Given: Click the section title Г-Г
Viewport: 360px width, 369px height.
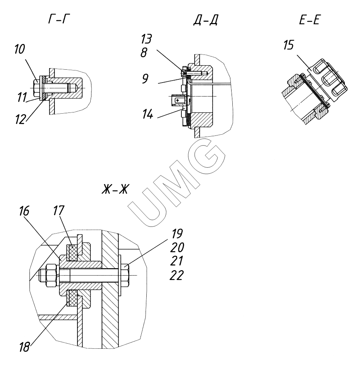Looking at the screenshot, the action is click(x=59, y=19).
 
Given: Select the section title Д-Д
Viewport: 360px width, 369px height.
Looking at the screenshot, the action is click(x=205, y=20).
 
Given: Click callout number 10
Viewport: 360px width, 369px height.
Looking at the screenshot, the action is click(x=19, y=49).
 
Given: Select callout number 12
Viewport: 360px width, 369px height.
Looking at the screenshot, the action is click(x=21, y=119).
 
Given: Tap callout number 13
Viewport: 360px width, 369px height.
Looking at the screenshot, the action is click(x=146, y=39).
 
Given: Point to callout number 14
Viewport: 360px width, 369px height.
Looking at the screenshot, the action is click(x=148, y=114).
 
